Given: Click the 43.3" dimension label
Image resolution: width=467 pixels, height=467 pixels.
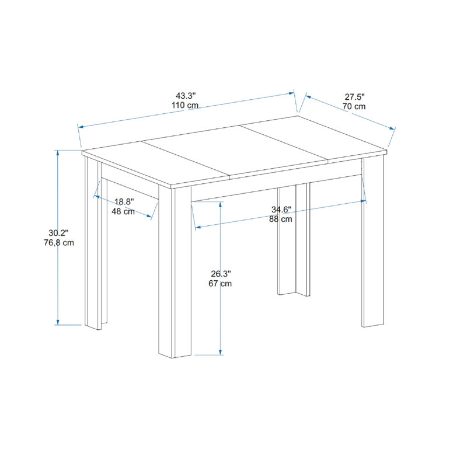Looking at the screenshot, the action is click(186, 96).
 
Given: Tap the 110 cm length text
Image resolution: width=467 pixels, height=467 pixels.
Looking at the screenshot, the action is click(185, 105).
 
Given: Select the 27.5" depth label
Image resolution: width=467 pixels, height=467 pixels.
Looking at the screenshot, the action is click(355, 97).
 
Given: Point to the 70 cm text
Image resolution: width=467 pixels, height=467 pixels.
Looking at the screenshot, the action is click(354, 106).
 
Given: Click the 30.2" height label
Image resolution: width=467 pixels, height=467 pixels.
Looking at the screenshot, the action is click(59, 232).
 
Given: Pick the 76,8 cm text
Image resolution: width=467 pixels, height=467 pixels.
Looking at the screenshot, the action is click(59, 242).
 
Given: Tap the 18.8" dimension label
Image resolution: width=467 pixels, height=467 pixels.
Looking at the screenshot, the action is click(124, 201).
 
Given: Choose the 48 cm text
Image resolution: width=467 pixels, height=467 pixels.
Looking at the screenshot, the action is click(123, 211).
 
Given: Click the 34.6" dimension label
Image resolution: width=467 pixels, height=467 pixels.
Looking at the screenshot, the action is click(281, 210).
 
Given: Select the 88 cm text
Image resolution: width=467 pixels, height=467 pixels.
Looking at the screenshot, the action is click(281, 219).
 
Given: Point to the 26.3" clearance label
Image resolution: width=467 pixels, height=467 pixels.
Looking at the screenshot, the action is click(221, 273).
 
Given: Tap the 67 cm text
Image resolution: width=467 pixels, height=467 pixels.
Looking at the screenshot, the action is click(220, 283).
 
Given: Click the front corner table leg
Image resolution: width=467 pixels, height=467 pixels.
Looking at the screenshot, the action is click(175, 271).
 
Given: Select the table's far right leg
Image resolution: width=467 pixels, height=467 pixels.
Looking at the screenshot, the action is click(373, 241).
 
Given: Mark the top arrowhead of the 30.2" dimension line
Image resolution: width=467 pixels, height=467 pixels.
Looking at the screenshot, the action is click(58, 152).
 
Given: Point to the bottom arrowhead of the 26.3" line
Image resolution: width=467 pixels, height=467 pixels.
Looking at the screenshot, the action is click(221, 353).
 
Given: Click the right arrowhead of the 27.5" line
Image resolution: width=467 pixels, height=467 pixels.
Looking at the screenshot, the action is click(392, 128).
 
